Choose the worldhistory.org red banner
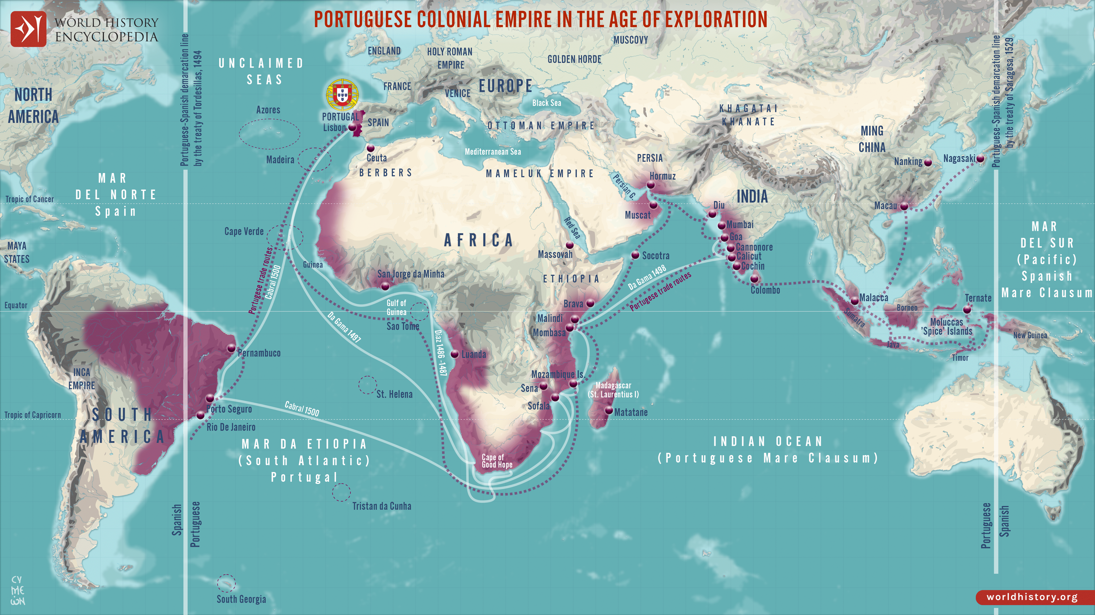1035,597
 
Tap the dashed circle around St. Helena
367,385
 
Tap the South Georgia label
241,599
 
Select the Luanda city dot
454,354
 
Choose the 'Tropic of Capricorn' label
33,415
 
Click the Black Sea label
547,103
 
